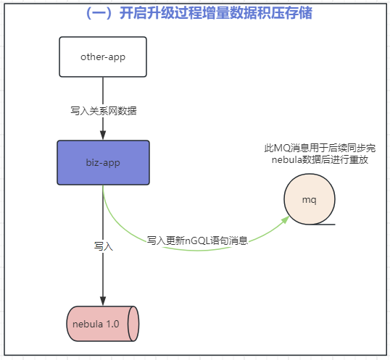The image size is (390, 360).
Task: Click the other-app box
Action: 103,56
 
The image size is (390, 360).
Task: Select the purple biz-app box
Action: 103,162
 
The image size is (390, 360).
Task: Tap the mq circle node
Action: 309,198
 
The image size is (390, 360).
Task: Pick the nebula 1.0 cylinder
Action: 102,324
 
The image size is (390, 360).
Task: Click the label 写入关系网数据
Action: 103,111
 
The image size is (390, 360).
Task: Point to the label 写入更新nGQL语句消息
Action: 198,240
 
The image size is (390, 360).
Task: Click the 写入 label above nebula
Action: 104,246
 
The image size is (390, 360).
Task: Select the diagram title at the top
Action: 194,14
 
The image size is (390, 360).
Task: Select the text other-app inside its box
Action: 103,56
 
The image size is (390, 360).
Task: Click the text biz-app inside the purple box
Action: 103,162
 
